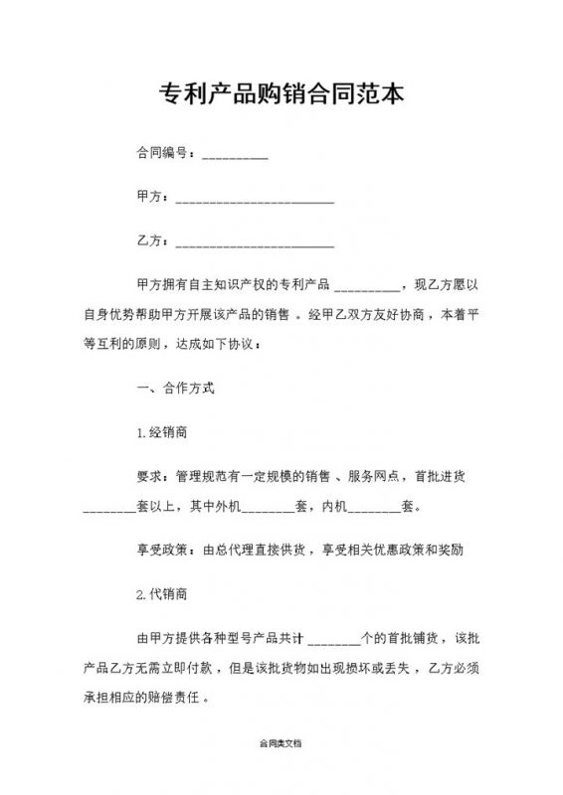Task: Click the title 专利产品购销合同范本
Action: tap(281, 95)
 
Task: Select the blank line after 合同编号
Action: tap(235, 157)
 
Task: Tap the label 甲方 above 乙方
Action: tap(148, 198)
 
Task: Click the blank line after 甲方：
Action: tap(254, 201)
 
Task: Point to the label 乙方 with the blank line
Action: tap(148, 241)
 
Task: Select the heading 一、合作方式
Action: tap(174, 389)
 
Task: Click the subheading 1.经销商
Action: tap(158, 433)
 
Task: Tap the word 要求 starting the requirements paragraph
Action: tap(148, 476)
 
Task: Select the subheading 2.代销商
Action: tap(158, 593)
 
